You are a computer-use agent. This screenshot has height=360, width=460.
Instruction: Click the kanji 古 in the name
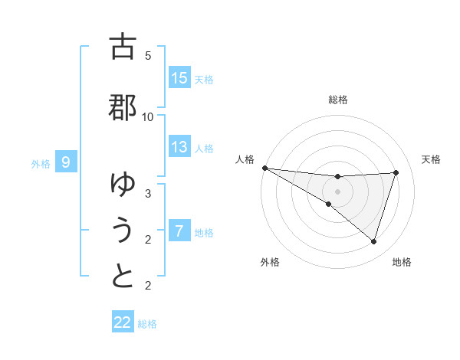click(x=123, y=47)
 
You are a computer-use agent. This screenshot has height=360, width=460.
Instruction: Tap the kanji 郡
click(x=123, y=106)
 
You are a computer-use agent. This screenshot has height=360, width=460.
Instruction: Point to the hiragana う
click(x=123, y=230)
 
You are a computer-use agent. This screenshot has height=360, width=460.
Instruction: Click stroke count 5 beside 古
click(x=148, y=56)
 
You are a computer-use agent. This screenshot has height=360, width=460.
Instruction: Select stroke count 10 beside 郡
click(x=148, y=116)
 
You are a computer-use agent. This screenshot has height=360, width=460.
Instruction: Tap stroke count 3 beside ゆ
click(x=148, y=194)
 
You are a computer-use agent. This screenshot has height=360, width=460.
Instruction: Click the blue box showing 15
click(x=179, y=78)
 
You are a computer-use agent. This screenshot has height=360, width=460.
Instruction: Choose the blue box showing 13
click(x=179, y=147)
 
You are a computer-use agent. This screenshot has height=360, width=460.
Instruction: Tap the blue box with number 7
click(x=179, y=231)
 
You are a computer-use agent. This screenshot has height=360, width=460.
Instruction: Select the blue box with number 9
click(x=67, y=162)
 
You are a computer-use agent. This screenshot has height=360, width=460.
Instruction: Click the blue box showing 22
click(x=123, y=322)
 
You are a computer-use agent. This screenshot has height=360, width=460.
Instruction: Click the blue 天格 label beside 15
click(x=203, y=79)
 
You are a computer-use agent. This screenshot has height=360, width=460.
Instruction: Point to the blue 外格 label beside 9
click(x=41, y=163)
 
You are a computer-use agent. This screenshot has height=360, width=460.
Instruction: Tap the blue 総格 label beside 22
click(x=147, y=323)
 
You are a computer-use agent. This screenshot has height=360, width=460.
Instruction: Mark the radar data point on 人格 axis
click(x=264, y=168)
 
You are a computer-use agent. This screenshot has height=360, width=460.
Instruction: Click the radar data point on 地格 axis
click(x=373, y=241)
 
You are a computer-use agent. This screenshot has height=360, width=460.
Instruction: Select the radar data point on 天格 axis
click(x=396, y=172)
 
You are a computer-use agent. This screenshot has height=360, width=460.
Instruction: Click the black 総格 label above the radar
click(x=337, y=100)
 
